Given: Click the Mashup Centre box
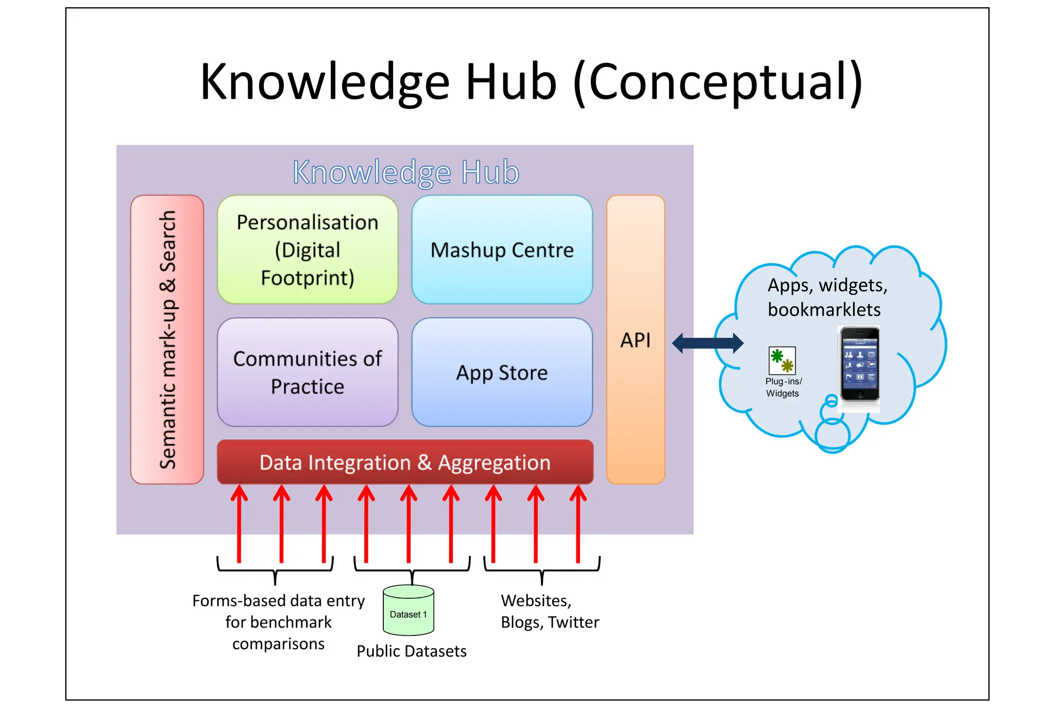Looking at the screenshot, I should click(x=502, y=250).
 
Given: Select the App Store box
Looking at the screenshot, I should click(x=502, y=372).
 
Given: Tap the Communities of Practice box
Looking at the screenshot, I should click(x=308, y=372).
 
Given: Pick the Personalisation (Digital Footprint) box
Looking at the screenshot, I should click(x=308, y=250).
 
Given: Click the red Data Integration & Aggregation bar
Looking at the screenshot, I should click(x=405, y=462).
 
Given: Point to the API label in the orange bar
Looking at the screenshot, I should click(x=635, y=340).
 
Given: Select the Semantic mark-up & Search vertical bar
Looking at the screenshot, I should click(x=167, y=340).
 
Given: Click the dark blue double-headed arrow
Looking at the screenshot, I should click(x=708, y=343).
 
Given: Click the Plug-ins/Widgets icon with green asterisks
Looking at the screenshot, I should click(x=782, y=360).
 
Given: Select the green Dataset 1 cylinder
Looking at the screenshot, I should click(x=409, y=611).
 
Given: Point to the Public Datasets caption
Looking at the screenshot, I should click(x=412, y=651).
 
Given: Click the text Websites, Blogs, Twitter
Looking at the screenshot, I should click(x=550, y=611).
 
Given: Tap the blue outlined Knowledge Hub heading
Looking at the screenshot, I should click(x=406, y=172).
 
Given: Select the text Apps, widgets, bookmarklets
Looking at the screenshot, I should click(x=827, y=297).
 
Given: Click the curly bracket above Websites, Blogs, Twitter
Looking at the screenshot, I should click(x=542, y=569).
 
